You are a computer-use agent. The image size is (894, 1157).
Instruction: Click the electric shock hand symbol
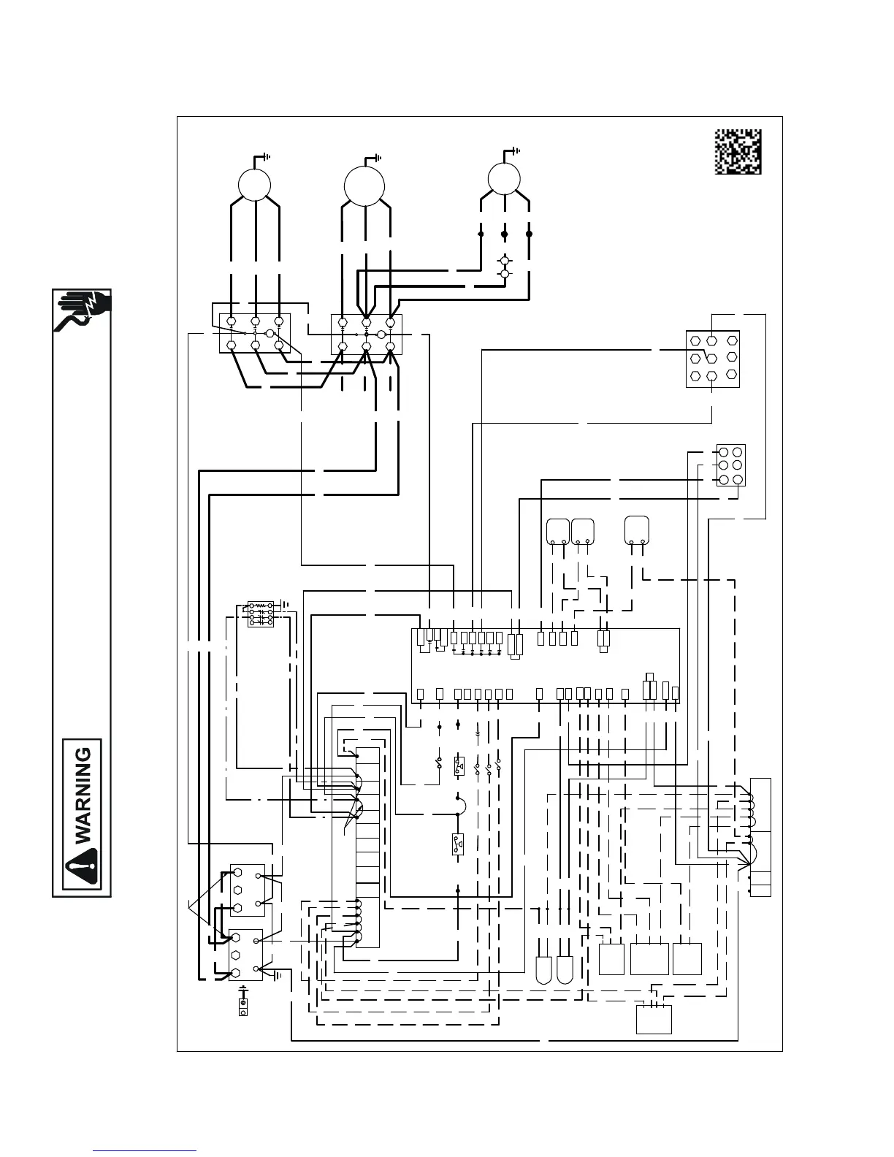point(82,312)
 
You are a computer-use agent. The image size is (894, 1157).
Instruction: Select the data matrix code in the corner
point(738,151)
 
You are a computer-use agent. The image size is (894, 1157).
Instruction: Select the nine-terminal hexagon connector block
point(713,359)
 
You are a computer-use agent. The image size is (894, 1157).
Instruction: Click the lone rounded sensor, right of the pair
point(638,530)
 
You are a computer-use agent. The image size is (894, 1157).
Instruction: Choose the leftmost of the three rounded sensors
point(558,531)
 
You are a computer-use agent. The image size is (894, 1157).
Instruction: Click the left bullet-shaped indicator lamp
point(545,968)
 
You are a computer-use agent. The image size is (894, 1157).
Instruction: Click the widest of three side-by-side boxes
point(649,958)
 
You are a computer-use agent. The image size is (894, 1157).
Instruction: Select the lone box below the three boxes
point(654,1019)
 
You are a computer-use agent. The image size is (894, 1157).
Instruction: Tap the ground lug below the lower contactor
point(243,1004)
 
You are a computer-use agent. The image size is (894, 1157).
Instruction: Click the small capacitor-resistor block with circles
point(260,614)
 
